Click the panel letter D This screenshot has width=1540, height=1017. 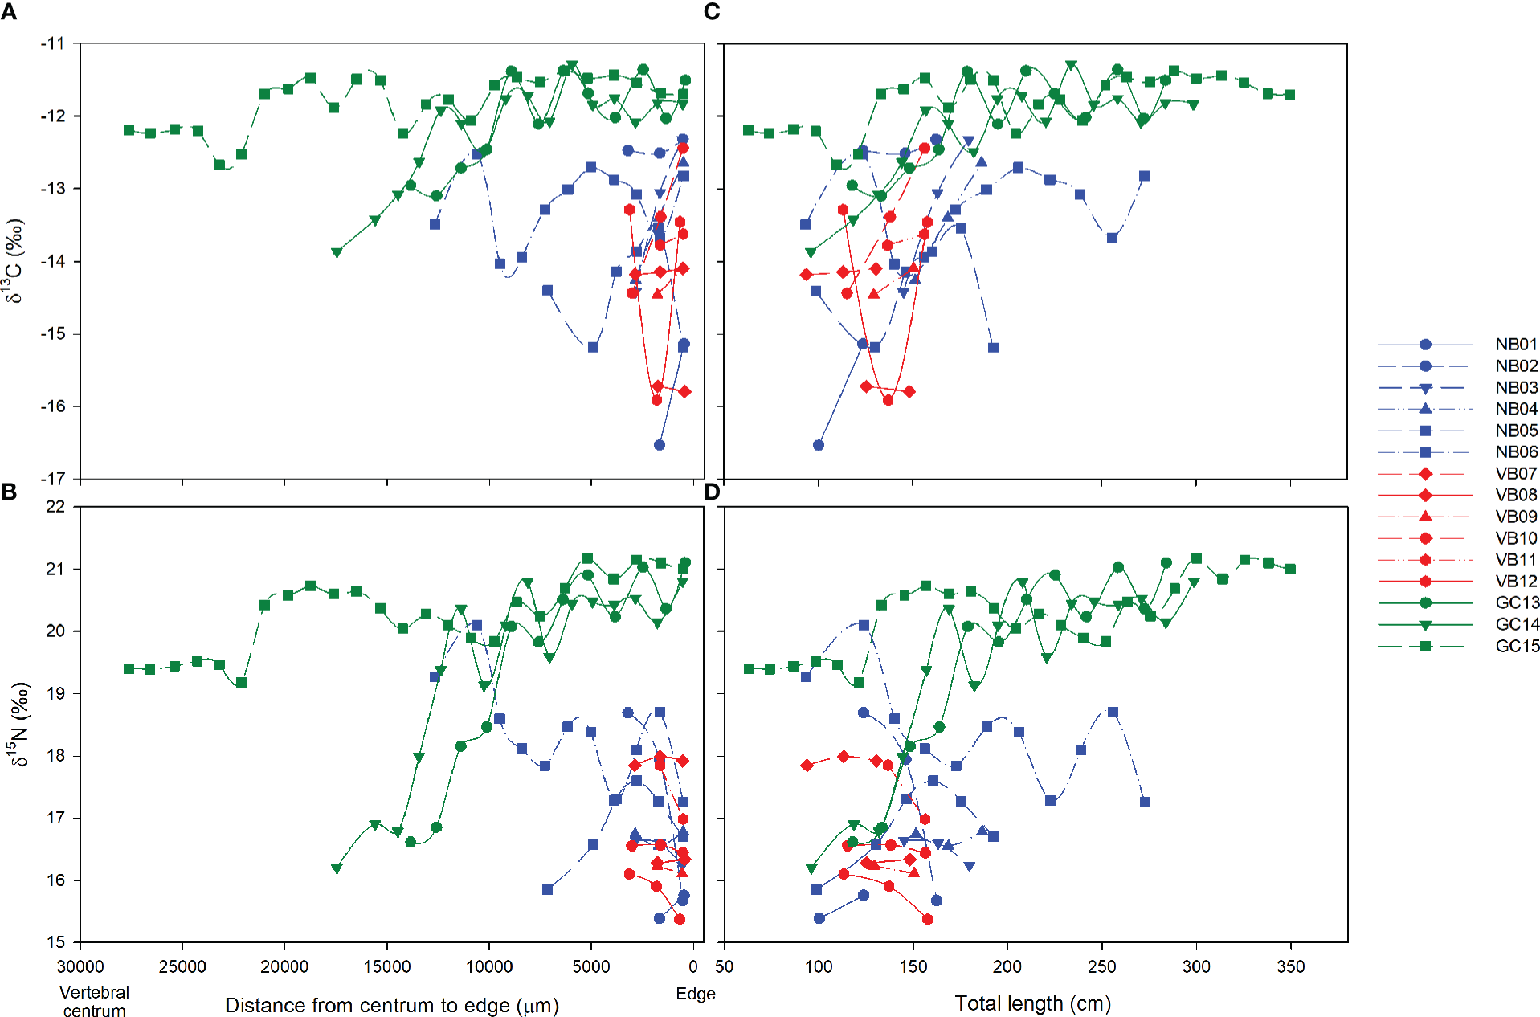coord(712,492)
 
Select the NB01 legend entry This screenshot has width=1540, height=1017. coord(1515,345)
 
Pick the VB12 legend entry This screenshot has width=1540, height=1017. coord(1515,581)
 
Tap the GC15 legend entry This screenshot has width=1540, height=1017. coord(1517,646)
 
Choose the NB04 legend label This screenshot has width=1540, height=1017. coord(1515,409)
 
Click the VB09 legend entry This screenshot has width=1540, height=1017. coord(1515,517)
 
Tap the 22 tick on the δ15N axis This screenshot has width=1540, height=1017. coord(55,507)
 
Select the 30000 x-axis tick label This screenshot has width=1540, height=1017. coord(80,966)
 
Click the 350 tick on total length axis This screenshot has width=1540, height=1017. coord(1290,966)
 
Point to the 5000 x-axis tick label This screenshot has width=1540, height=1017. coord(591,966)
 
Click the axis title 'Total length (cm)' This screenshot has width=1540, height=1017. coord(1032,1003)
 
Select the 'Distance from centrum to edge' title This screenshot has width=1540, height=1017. coord(391,1006)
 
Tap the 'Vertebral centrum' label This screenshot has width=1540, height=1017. coord(94,1002)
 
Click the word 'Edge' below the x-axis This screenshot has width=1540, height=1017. coord(695,994)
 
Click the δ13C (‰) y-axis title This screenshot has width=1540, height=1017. coord(14,261)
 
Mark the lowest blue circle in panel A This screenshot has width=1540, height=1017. coord(660,445)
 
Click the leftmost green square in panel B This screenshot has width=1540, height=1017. coord(129,668)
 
